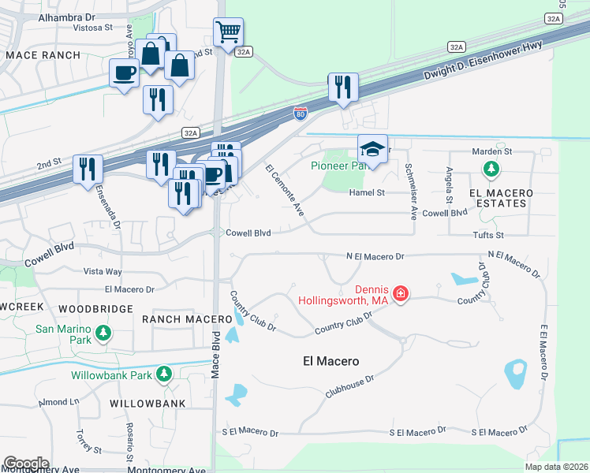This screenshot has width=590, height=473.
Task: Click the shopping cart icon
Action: pos(228,33)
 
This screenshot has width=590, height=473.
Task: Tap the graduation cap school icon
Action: pos(373,149)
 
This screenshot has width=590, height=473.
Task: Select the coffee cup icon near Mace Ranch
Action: pos(125,74)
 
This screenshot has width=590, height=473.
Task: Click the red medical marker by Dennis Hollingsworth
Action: pos(401,294)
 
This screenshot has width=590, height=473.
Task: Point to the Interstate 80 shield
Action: pos(300,114)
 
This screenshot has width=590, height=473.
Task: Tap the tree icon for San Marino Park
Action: pos(103,334)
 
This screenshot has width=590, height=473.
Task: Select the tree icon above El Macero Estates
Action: pos(491,169)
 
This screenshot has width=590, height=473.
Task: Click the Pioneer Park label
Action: pos(339,166)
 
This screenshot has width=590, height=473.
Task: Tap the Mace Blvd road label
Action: pos(215,355)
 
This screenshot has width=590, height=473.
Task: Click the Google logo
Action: pos(26,463)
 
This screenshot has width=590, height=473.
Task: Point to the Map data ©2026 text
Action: pos(555,467)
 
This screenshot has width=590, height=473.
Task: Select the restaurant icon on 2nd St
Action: pos(87,169)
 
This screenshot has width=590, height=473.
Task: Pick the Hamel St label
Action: pos(367,192)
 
